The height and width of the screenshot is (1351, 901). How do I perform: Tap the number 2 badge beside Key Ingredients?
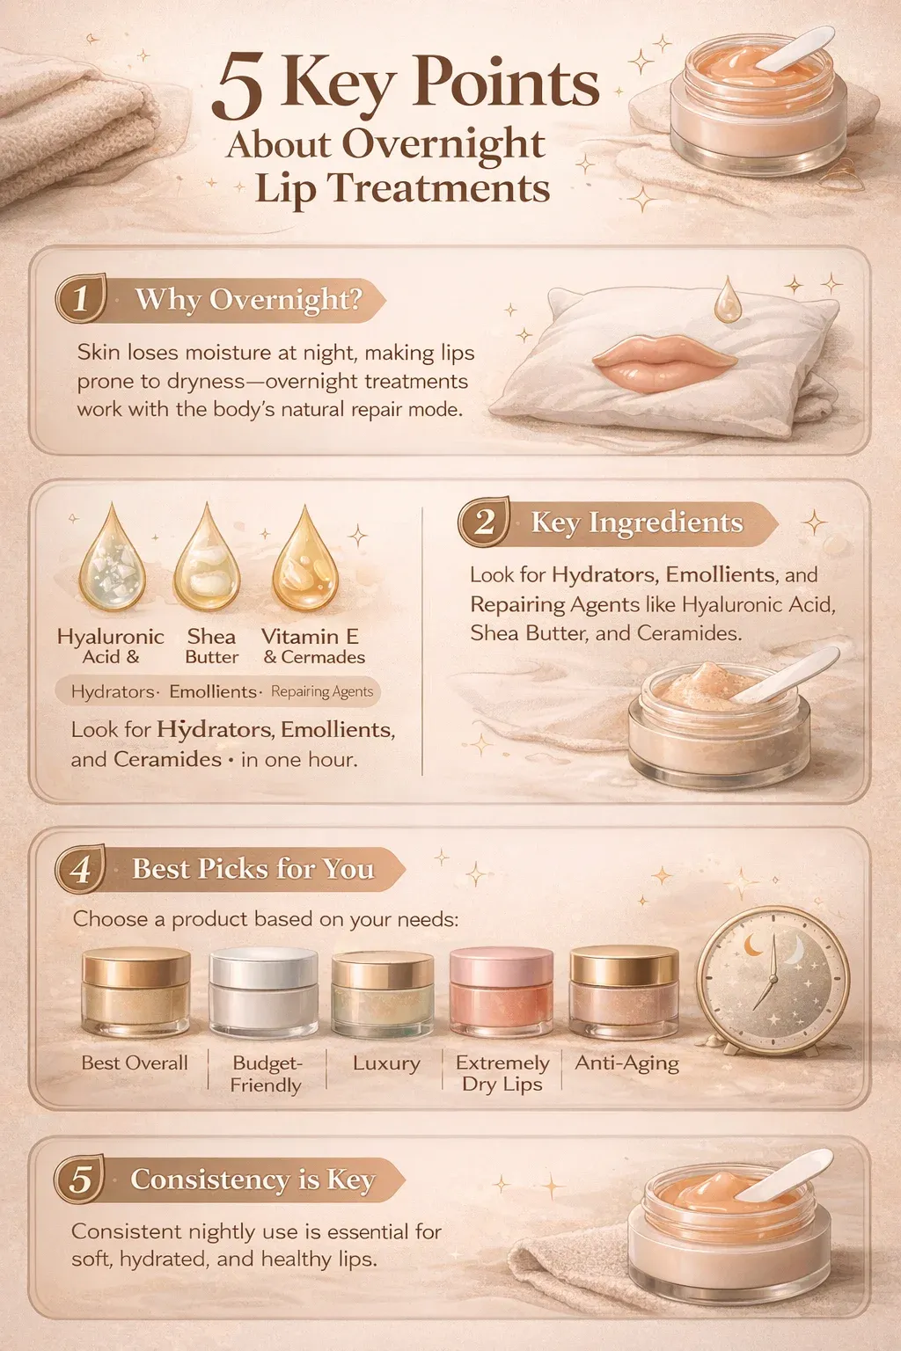click(484, 522)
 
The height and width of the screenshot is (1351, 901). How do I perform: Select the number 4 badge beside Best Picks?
click(81, 869)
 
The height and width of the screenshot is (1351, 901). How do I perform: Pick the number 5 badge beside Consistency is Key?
click(80, 1179)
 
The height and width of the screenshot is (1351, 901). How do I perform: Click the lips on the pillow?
click(663, 357)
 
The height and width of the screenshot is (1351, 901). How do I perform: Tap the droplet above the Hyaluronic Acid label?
click(112, 559)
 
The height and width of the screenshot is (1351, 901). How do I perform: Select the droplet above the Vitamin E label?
click(304, 560)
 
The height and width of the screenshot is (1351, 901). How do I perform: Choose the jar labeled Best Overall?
click(136, 991)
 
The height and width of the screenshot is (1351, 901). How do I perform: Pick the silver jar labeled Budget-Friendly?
click(263, 991)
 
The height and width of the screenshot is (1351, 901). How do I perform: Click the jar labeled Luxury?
click(383, 994)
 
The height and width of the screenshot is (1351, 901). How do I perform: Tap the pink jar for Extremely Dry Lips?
click(502, 991)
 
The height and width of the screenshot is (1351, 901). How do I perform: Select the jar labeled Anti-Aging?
click(624, 991)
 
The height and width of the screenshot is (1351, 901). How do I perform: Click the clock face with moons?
click(773, 976)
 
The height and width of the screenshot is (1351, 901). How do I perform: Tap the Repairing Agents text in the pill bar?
click(322, 691)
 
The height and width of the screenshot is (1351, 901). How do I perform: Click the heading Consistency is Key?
click(253, 1179)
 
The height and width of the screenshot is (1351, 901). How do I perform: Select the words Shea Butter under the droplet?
click(211, 646)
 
